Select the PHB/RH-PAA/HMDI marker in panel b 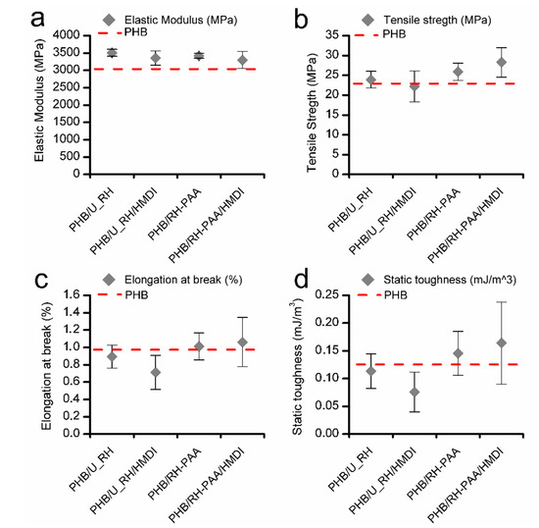pyautogui.click(x=473, y=62)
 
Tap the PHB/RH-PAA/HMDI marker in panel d pyautogui.click(x=473, y=343)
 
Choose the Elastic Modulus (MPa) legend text pyautogui.click(x=180, y=18)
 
